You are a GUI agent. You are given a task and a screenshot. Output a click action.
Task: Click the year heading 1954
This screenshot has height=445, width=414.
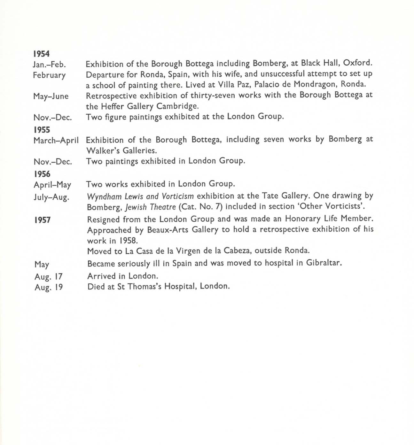click(41, 54)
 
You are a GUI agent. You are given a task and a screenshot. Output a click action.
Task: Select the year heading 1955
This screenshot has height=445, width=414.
click(42, 129)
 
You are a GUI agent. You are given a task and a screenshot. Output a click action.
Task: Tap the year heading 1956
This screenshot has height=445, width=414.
click(42, 174)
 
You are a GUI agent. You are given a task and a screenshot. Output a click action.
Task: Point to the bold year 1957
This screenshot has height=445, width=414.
click(43, 220)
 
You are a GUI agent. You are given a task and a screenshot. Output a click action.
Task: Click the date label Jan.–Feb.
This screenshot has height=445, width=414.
click(49, 65)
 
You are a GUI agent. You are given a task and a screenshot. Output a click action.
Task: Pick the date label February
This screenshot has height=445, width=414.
click(49, 75)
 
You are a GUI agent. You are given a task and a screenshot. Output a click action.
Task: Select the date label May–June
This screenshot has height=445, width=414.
click(51, 96)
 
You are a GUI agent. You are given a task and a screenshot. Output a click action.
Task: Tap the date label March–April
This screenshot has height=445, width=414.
click(56, 141)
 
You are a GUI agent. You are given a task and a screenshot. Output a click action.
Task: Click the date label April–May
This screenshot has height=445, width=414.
click(52, 185)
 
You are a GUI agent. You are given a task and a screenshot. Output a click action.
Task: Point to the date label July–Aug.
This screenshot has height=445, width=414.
click(51, 197)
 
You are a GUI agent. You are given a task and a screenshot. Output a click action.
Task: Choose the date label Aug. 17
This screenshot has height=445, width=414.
click(49, 276)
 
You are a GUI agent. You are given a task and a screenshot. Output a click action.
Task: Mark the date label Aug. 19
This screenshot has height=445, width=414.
click(49, 287)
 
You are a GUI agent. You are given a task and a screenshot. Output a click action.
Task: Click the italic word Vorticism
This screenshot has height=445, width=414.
click(178, 196)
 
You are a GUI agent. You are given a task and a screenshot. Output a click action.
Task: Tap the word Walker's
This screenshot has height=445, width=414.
click(103, 150)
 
